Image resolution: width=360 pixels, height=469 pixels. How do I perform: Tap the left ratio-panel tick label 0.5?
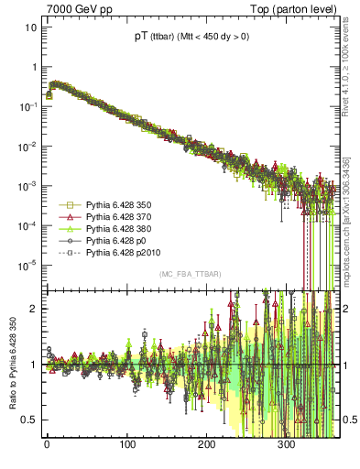30,420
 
